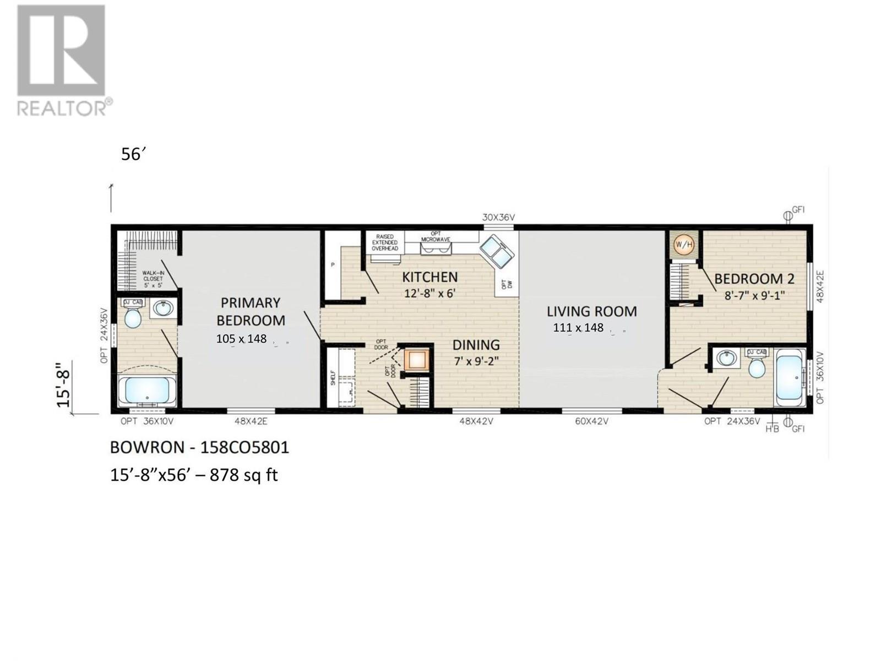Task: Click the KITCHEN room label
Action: (x=429, y=277)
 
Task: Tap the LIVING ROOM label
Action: (x=591, y=311)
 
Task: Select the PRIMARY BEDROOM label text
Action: (x=251, y=311)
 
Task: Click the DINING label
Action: (x=476, y=345)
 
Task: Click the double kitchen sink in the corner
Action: (x=497, y=251)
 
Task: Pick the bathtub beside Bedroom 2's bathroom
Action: (x=790, y=379)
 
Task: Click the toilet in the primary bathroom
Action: (x=133, y=317)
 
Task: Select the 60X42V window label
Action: (x=591, y=421)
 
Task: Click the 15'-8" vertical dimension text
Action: (x=63, y=388)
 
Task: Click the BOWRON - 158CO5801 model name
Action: (x=199, y=447)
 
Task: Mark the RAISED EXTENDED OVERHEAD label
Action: (x=384, y=242)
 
